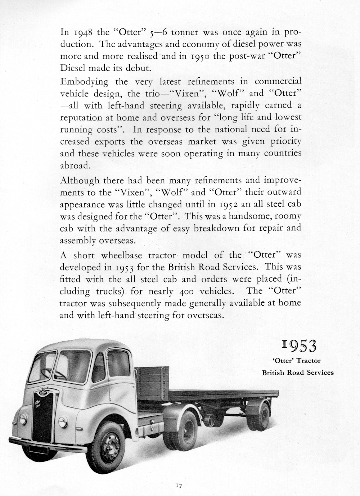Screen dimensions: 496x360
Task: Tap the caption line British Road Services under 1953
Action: coord(298,373)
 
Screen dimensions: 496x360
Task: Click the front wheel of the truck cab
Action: coord(111,442)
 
